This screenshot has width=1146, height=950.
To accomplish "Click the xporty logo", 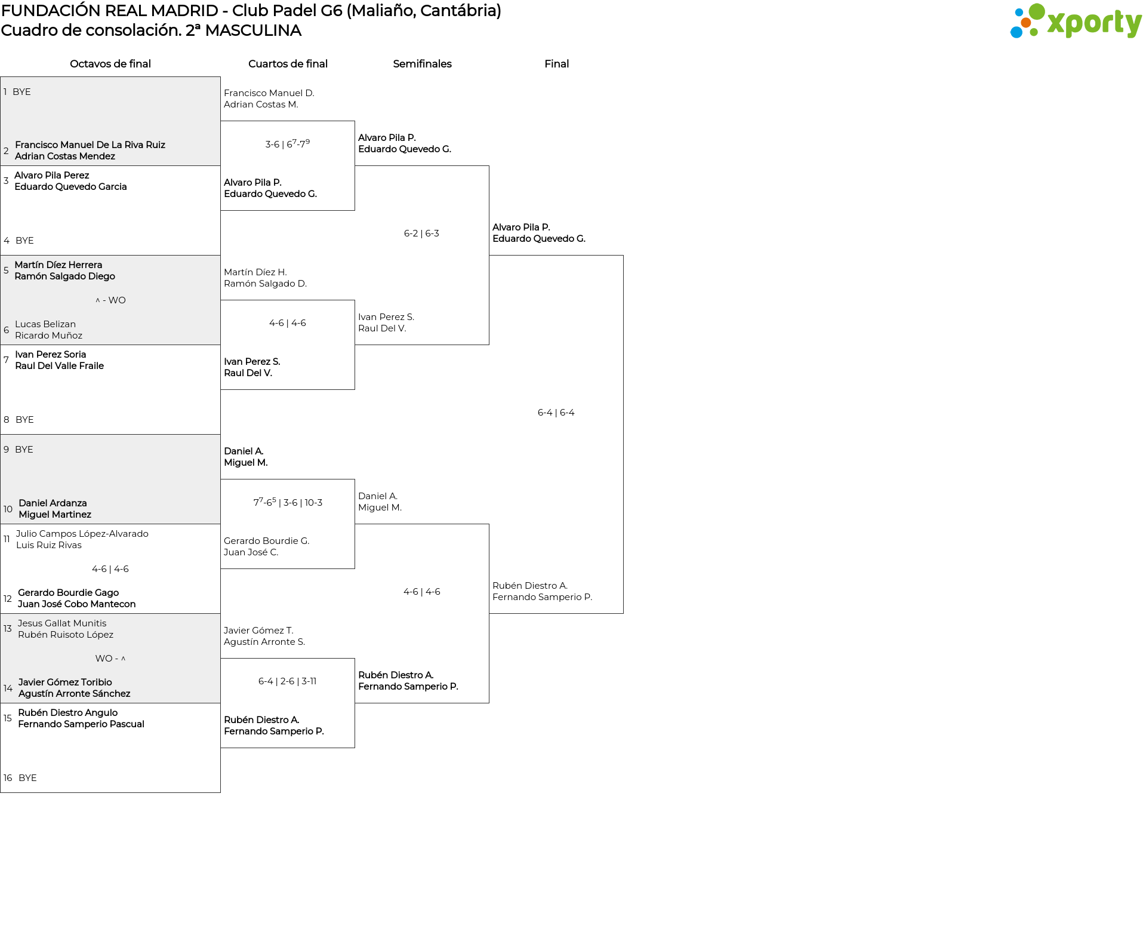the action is click(1076, 21).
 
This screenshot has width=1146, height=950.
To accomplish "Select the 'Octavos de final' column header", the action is click(110, 64).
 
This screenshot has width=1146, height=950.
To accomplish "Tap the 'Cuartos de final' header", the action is click(288, 64).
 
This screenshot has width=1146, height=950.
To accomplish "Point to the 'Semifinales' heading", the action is click(422, 64).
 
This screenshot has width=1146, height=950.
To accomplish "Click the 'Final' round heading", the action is click(556, 64).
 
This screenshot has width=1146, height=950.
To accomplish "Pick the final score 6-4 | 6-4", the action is click(556, 413).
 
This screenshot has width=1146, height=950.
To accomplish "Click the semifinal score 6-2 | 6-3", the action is click(421, 233).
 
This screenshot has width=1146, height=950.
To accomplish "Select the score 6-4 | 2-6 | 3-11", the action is click(287, 681).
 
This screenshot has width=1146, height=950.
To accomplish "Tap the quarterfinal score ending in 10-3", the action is click(288, 502).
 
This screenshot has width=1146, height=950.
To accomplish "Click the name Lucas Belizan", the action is click(45, 324).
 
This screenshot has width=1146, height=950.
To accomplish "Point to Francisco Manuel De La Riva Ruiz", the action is click(90, 145).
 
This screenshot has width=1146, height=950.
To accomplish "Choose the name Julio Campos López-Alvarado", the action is click(82, 534).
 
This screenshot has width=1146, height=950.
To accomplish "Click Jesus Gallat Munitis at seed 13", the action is click(62, 623).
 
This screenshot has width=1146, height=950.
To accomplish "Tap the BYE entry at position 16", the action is click(27, 778).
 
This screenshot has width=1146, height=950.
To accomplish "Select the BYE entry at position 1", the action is click(21, 92).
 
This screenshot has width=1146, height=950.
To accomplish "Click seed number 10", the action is click(8, 509).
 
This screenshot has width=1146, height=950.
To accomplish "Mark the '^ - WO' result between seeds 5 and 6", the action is click(110, 300).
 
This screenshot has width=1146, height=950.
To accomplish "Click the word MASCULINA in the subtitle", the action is click(253, 30).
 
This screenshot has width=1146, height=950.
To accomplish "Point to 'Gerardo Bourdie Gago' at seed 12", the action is click(68, 593).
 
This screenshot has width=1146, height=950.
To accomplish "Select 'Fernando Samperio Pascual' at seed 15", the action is click(81, 724).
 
